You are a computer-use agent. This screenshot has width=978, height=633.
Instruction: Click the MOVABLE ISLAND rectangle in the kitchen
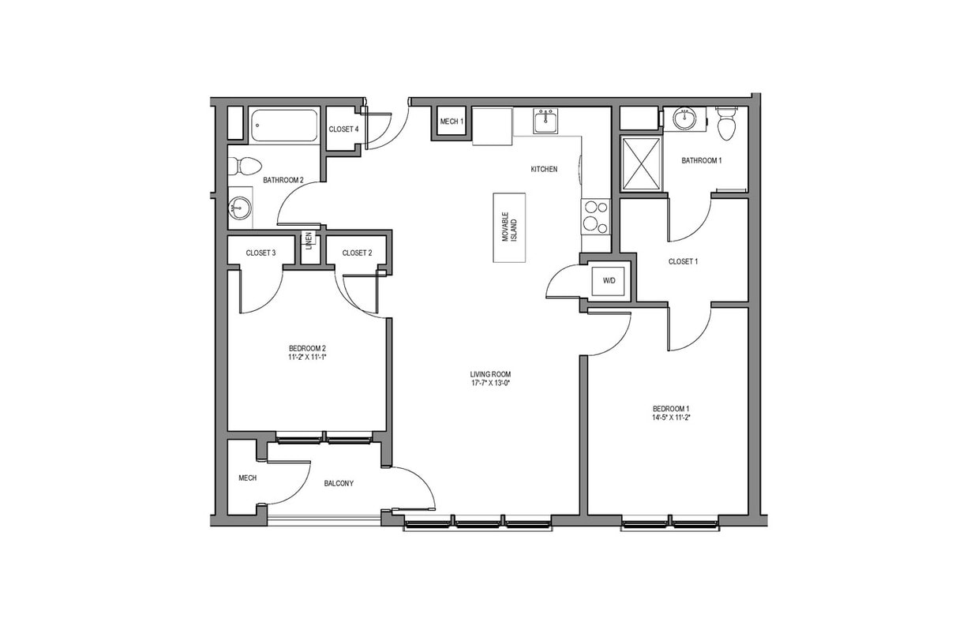pyautogui.click(x=509, y=227)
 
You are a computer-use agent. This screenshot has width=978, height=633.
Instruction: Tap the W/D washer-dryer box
pyautogui.click(x=609, y=280)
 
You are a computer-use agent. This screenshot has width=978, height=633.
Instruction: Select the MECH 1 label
pyautogui.click(x=452, y=122)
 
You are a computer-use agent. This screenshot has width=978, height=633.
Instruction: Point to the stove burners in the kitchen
pyautogui.click(x=596, y=216)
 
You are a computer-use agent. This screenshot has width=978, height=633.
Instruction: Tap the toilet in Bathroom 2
pyautogui.click(x=246, y=166)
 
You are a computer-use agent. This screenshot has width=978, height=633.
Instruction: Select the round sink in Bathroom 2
pyautogui.click(x=239, y=208)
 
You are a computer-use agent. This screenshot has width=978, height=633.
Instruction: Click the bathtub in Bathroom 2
pyautogui.click(x=284, y=125)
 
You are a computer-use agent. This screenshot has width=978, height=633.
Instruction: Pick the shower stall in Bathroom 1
pyautogui.click(x=641, y=163)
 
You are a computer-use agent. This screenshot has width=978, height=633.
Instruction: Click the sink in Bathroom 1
pyautogui.click(x=684, y=120)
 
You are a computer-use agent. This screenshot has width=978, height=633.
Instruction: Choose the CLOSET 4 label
pyautogui.click(x=343, y=129)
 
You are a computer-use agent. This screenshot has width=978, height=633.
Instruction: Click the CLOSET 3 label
pyautogui.click(x=260, y=253)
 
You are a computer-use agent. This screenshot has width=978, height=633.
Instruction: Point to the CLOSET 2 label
pyautogui.click(x=357, y=253)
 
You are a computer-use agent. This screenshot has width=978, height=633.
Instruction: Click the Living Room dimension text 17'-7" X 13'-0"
pyautogui.click(x=486, y=384)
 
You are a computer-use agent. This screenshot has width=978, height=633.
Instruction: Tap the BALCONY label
pyautogui.click(x=339, y=484)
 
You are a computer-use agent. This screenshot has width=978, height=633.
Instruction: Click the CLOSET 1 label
pyautogui.click(x=683, y=261)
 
